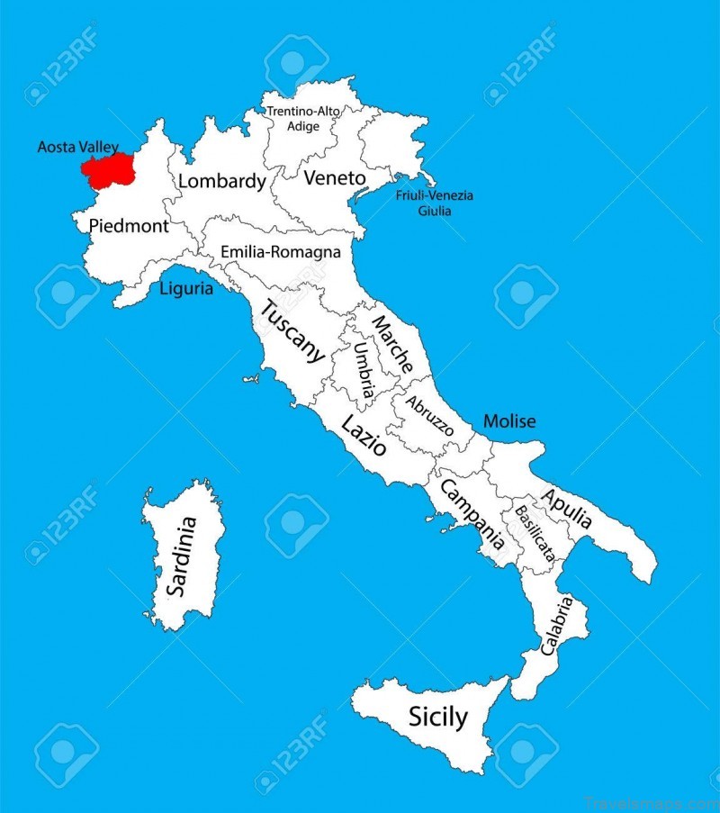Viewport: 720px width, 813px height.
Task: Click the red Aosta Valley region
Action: [x=106, y=168]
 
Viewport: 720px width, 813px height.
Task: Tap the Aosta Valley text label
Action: [x=78, y=146]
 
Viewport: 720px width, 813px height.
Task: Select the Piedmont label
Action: [x=128, y=226]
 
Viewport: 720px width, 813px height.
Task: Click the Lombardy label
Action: [x=222, y=181]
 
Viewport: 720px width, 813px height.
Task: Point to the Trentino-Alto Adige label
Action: [x=303, y=119]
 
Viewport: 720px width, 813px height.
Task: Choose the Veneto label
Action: [x=335, y=178]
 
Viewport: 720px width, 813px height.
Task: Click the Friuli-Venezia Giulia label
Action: [x=435, y=203]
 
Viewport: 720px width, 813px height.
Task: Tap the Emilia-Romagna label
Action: [x=281, y=252]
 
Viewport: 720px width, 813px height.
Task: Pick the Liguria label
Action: [x=186, y=289]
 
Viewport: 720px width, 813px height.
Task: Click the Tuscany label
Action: [x=292, y=330]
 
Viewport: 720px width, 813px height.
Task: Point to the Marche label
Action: [x=392, y=345]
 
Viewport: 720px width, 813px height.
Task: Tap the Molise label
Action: [x=509, y=420]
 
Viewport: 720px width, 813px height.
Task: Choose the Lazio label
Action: [x=364, y=435]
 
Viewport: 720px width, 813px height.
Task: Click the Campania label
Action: [x=471, y=513]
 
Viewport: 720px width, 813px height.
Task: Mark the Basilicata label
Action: [x=534, y=535]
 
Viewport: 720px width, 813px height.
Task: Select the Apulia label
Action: [x=566, y=509]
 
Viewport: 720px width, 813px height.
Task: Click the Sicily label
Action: [x=438, y=718]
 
